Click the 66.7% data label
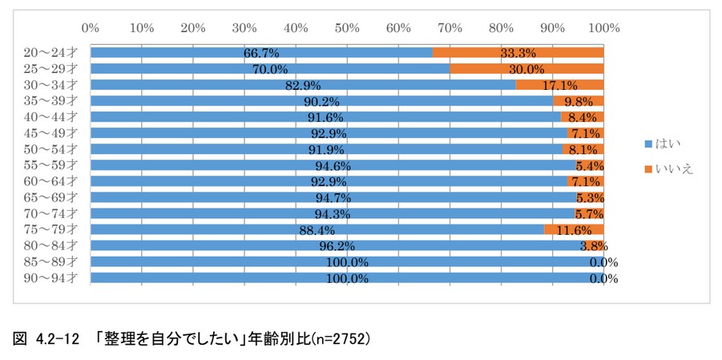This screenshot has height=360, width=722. coord(261,53)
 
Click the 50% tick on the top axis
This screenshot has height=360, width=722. coord(347,28)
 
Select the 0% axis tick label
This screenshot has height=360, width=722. coord(91,28)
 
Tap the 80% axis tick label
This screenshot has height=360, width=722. coord(501,28)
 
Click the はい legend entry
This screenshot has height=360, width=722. coord(663,143)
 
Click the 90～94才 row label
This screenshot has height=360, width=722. coord(50,278)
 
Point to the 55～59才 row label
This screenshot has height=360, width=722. coord(50,165)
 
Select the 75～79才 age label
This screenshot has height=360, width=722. coord(50,230)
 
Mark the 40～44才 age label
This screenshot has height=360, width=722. coord(50,117)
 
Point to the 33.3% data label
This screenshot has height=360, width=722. coord(518,53)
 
